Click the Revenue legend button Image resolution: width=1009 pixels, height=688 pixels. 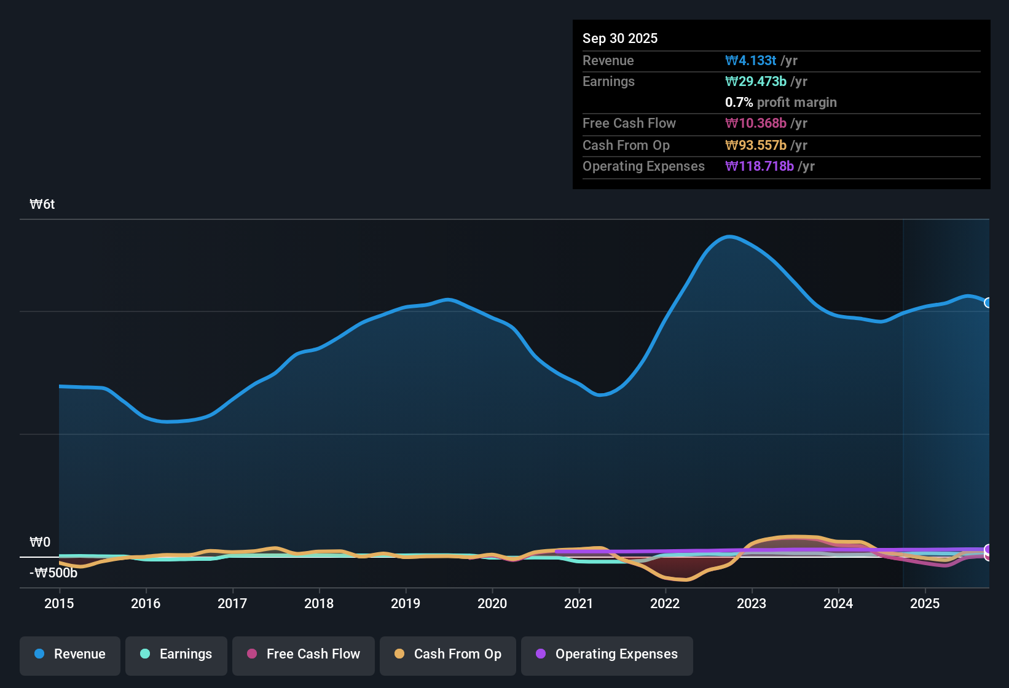70,654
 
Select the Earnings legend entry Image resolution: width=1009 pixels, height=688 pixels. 176,654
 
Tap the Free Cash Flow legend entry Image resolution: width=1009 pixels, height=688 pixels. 304,654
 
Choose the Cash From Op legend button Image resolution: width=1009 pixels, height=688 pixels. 448,654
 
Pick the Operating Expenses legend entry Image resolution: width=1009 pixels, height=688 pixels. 607,654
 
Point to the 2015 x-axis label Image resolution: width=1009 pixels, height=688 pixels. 59,604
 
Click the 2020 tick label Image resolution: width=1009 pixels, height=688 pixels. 492,604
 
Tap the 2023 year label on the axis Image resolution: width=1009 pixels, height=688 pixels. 752,604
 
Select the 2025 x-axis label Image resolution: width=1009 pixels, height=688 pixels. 925,604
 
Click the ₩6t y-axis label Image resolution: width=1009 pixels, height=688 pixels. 42,205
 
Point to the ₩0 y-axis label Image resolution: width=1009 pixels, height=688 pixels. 41,542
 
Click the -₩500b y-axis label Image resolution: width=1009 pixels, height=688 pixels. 53,573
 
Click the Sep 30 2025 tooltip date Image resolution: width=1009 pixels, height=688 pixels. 620,39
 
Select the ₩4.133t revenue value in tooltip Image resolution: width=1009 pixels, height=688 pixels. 750,61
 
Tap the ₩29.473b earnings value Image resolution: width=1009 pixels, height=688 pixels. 756,82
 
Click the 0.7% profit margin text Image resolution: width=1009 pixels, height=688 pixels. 781,103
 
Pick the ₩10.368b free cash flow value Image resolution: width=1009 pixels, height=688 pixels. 756,123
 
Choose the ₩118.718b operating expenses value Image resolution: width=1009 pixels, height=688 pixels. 760,166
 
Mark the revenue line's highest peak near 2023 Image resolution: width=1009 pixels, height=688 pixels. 729,237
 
